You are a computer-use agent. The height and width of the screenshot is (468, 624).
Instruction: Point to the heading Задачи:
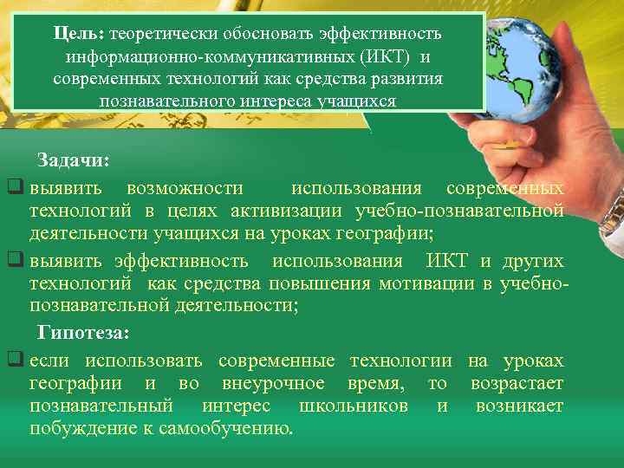(73, 161)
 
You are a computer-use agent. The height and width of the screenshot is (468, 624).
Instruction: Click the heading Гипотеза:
(83, 334)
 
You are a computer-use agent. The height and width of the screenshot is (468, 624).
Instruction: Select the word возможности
(184, 188)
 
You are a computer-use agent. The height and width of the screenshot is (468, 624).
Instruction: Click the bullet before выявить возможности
(15, 188)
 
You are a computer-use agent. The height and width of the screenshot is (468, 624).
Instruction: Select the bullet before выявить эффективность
(15, 261)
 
